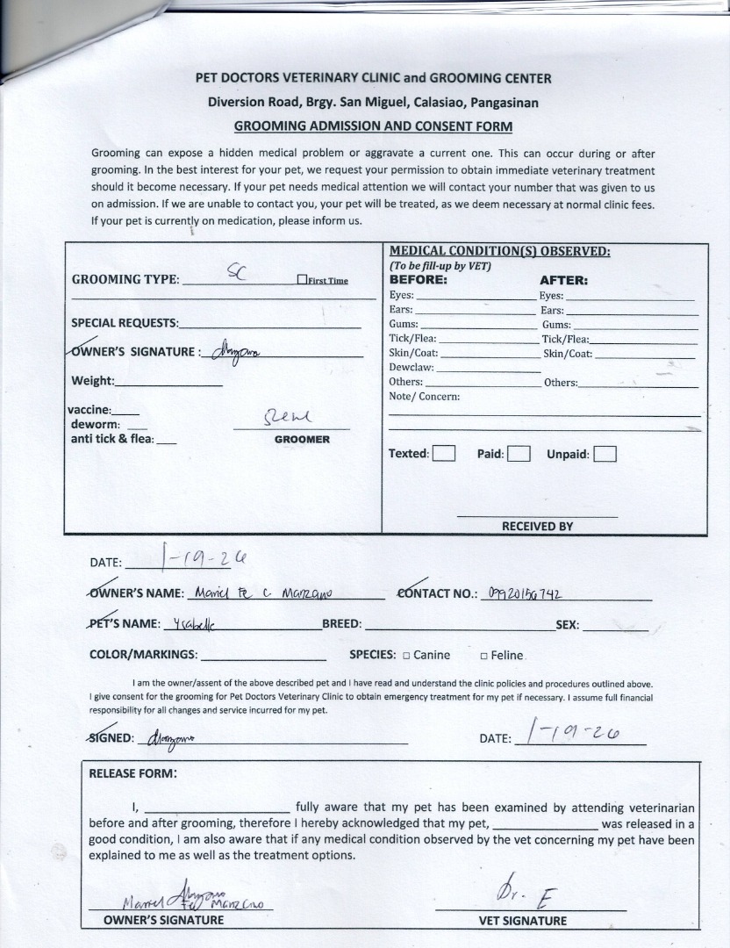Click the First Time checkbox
pyautogui.click(x=301, y=280)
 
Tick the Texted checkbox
pyautogui.click(x=444, y=454)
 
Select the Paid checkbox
pyautogui.click(x=519, y=454)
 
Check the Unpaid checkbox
pyautogui.click(x=605, y=454)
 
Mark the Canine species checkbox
pyautogui.click(x=406, y=655)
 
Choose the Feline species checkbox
pyautogui.click(x=483, y=655)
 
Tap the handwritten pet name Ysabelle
pyautogui.click(x=194, y=624)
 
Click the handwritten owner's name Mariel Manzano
pyautogui.click(x=257, y=592)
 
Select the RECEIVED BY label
pyautogui.click(x=537, y=526)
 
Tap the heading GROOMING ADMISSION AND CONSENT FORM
pyautogui.click(x=373, y=126)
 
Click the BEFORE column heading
pyautogui.click(x=418, y=280)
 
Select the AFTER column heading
pyautogui.click(x=563, y=281)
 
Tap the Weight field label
pyautogui.click(x=92, y=381)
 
